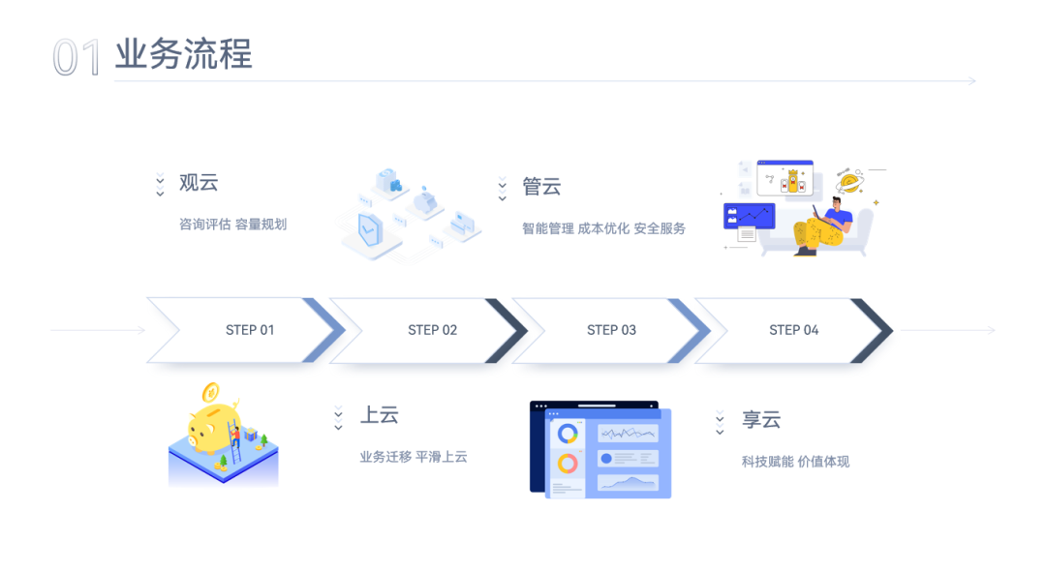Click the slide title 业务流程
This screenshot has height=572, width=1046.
click(x=183, y=54)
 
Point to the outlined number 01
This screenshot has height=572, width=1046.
click(x=77, y=57)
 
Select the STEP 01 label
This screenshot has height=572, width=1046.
click(x=250, y=330)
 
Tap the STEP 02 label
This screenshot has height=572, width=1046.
click(x=432, y=330)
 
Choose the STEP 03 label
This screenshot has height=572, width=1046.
click(x=611, y=330)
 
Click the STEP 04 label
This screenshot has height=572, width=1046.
click(x=794, y=330)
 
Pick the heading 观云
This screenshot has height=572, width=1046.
click(x=199, y=183)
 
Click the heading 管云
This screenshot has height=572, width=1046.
click(x=541, y=187)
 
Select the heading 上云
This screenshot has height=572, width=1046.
click(x=380, y=415)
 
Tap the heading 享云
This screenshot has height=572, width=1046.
click(x=761, y=420)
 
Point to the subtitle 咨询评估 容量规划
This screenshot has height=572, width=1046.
click(x=232, y=225)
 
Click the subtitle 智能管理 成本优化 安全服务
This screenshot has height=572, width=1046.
click(x=603, y=228)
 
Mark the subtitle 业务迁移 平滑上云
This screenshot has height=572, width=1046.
click(x=414, y=457)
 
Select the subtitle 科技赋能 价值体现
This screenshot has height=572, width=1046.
click(x=796, y=462)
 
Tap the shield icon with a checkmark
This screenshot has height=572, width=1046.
click(x=370, y=229)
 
